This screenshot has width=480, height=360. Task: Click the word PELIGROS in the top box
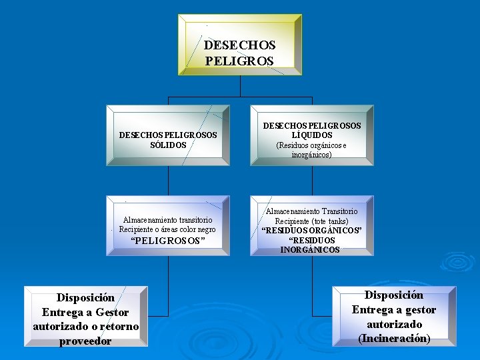(x=239, y=61)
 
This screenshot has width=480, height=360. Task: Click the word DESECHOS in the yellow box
(x=239, y=45)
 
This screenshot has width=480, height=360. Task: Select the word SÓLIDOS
(x=168, y=144)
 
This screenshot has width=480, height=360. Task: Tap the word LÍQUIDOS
(x=312, y=135)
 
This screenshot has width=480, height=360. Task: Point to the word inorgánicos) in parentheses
(x=311, y=155)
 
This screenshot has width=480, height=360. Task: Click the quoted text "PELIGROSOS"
(x=167, y=241)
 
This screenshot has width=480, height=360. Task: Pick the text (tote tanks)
(x=329, y=221)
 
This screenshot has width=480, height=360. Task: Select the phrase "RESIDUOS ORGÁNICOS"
(x=311, y=231)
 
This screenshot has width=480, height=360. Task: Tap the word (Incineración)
(x=394, y=339)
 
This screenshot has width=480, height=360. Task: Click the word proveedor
(x=85, y=341)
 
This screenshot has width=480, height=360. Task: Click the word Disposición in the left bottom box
(x=85, y=297)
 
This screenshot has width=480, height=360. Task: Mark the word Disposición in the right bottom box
(x=394, y=295)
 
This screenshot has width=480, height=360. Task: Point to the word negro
(x=203, y=229)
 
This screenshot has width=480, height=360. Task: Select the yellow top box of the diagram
(x=239, y=44)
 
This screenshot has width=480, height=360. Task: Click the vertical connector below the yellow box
(x=240, y=86)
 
